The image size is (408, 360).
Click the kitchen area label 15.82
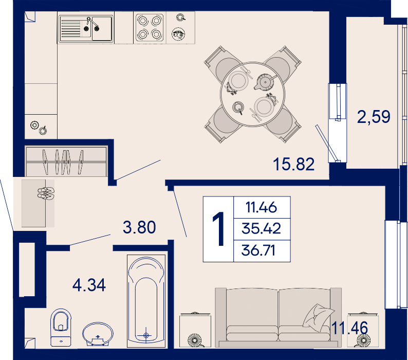pos(294,165)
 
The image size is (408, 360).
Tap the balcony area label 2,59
pos(374,116)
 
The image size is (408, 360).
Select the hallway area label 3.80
pos(139,227)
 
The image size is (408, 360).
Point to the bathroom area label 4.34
pos(89,285)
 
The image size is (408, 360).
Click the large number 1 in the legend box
pos(218,229)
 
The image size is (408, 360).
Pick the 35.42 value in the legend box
pos(261,228)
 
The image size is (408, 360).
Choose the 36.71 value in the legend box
pos(258,250)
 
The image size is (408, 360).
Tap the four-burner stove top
pos(150,27)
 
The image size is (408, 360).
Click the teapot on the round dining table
pos(265,82)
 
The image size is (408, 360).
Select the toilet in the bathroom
pos(61,328)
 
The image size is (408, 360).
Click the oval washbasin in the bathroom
pos(98,334)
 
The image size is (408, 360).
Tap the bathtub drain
pos(146,335)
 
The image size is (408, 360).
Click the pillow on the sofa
pos(318,318)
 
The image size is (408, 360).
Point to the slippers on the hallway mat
pos(46,193)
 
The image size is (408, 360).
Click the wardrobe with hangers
pos(66,161)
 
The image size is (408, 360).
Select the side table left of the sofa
pos(195,330)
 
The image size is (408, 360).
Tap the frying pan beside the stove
pos(178,34)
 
